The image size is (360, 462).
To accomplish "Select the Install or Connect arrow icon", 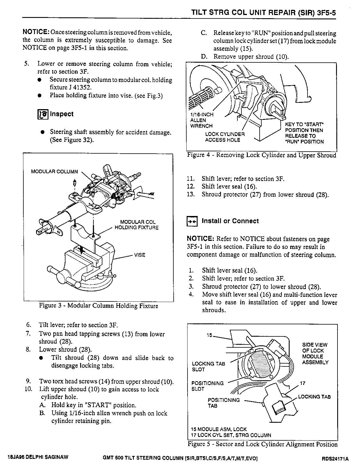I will [192, 221].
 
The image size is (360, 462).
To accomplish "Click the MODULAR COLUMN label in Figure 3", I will [54, 172].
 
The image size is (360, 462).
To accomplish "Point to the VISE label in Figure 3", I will [140, 255].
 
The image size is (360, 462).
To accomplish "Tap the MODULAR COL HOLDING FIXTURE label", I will [137, 225].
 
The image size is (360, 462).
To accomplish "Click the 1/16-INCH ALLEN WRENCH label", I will [201, 120].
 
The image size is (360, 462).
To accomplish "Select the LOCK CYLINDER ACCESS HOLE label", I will [225, 137].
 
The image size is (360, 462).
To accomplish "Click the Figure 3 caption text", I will [98, 306].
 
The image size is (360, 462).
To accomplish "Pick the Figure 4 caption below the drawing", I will [261, 155].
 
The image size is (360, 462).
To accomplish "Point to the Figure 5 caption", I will [262, 444].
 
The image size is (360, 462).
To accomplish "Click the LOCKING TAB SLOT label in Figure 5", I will [208, 366].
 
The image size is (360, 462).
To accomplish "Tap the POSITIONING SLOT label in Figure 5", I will [207, 386].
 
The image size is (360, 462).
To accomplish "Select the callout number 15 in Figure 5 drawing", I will [209, 335].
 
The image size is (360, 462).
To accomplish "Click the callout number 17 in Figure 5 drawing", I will [303, 383].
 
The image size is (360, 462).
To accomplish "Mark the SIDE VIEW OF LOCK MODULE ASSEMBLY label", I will [315, 353].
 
